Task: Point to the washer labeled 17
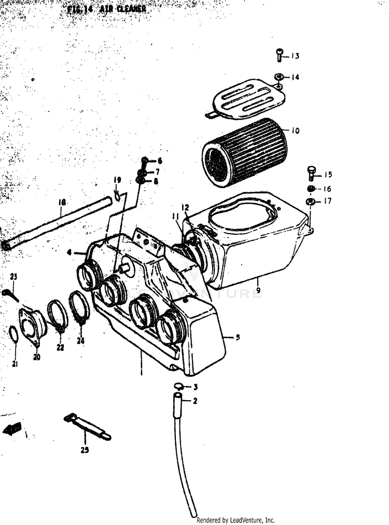pyautogui.click(x=310, y=201)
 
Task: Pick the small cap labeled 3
pyautogui.click(x=179, y=386)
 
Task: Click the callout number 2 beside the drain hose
pyautogui.click(x=195, y=401)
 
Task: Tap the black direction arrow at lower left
pyautogui.click(x=12, y=429)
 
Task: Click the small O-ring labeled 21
pyautogui.click(x=14, y=334)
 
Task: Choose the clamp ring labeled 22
pyautogui.click(x=57, y=315)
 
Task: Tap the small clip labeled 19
pyautogui.click(x=118, y=195)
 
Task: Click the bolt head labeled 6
pyautogui.click(x=144, y=160)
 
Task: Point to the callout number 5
pyautogui.click(x=238, y=337)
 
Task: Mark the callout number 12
pyautogui.click(x=186, y=208)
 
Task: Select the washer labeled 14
pyautogui.click(x=279, y=77)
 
